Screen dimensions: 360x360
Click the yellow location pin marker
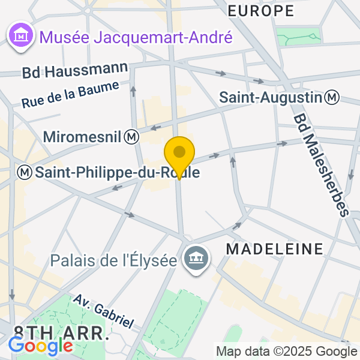[179, 153]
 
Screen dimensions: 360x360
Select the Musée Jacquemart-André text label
[136, 38]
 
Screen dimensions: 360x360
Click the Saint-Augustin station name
[271, 97]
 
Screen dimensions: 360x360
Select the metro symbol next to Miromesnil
[132, 137]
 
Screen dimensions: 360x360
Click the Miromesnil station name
[83, 137]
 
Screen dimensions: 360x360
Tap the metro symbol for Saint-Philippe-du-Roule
[25, 172]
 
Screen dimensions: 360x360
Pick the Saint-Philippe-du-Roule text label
[117, 172]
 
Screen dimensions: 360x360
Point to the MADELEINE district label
[274, 248]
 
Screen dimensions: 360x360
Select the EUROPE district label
[261, 10]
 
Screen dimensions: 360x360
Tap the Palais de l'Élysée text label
[114, 261]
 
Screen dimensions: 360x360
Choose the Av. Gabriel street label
[103, 310]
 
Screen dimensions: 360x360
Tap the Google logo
[40, 346]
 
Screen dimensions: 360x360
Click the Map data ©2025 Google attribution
[286, 352]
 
